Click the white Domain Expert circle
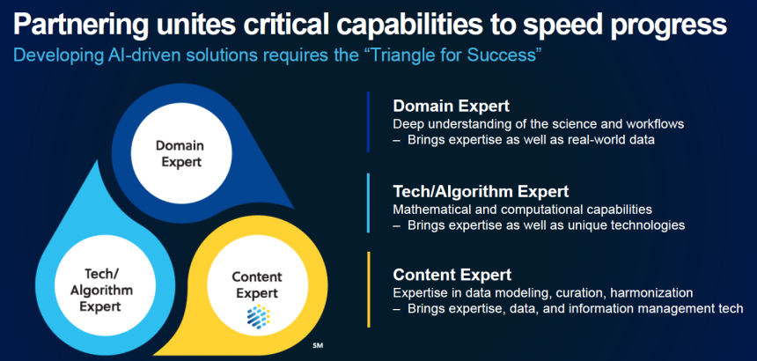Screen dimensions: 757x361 (181, 153)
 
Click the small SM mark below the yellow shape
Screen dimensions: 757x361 (317, 345)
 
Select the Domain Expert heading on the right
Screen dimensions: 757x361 (452, 107)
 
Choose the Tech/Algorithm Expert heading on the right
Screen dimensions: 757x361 (481, 192)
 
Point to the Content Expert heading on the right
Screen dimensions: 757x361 (452, 275)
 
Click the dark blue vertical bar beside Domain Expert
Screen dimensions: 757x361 (368, 122)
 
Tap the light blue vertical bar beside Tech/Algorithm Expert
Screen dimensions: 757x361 (368, 203)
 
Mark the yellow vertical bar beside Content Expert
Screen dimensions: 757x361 (368, 289)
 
